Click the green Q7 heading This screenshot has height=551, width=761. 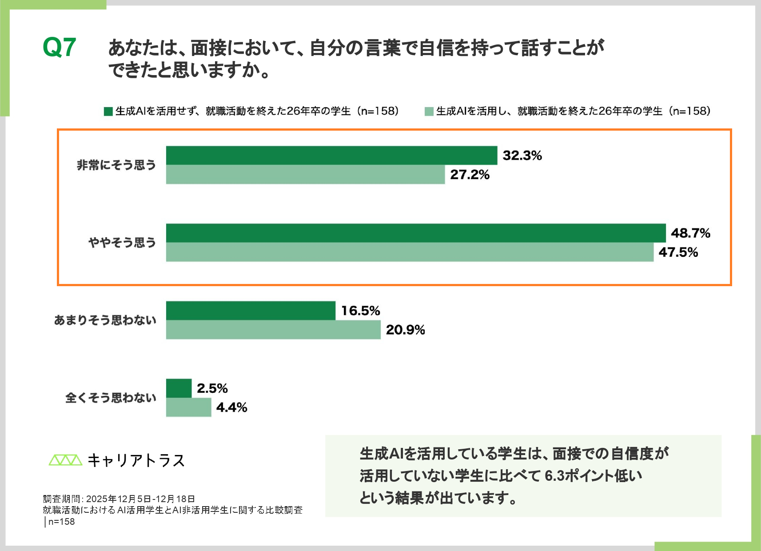point(59,48)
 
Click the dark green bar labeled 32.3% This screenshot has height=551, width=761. point(331,156)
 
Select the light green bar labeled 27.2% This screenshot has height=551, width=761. point(305,175)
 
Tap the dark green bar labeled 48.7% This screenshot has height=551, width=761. point(416,233)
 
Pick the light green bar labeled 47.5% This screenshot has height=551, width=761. point(410,252)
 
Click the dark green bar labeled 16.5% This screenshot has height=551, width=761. point(251,311)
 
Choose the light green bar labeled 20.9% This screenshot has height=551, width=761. point(273,330)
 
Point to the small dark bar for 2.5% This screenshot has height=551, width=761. point(179,388)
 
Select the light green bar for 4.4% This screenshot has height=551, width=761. point(188,407)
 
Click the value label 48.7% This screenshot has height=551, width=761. point(690,233)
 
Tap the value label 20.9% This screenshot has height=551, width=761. point(405,330)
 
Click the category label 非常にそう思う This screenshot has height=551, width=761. point(116,165)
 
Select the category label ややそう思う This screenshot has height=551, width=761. point(122,243)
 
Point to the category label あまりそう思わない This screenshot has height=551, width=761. point(105,320)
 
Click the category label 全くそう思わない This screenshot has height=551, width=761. point(111,398)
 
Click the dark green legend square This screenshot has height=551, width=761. point(108,112)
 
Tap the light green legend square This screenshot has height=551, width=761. point(429,112)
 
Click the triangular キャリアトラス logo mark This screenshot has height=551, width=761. point(65,460)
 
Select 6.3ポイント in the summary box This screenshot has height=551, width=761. point(579,476)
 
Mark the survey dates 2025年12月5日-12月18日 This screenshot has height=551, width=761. point(140,499)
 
